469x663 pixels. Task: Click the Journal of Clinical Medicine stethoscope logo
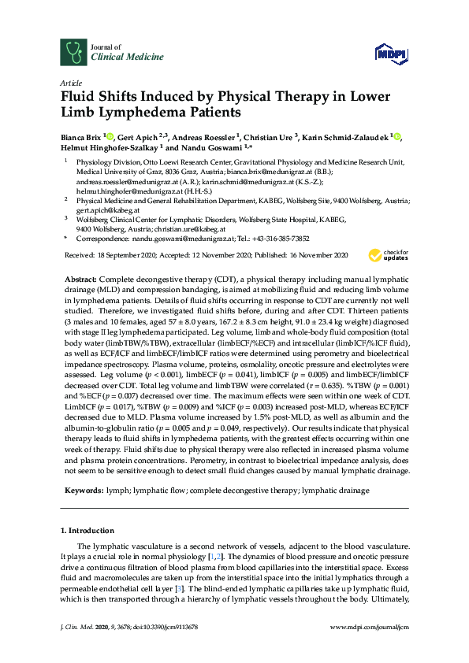pyautogui.click(x=73, y=51)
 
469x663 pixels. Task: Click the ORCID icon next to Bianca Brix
pyautogui.click(x=111, y=137)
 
